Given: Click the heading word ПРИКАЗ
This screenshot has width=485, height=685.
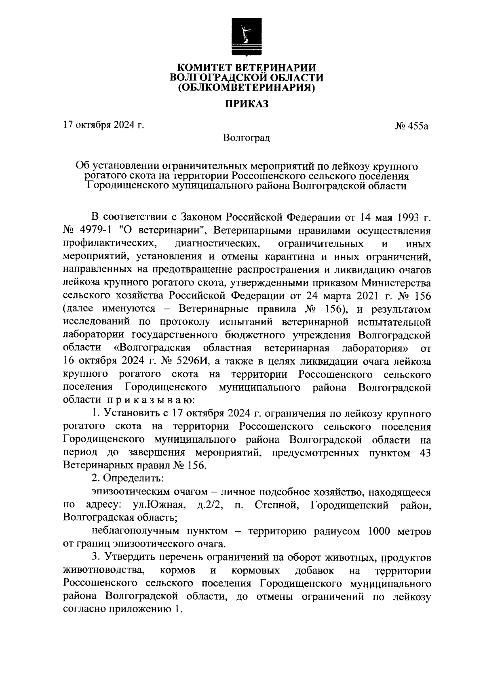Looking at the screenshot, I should (247, 104).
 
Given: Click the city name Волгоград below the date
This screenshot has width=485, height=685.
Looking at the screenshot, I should (247, 139).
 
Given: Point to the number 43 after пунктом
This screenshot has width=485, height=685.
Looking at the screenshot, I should (425, 453).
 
